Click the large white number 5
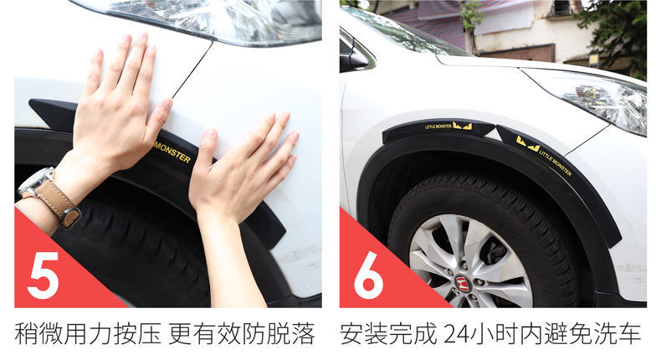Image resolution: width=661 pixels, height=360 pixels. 43,275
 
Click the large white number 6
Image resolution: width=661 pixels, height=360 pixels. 368,275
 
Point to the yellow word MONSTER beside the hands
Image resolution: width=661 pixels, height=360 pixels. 172,152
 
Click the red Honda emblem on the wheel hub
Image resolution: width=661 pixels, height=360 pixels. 463,284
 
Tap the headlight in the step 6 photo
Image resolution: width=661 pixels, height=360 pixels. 590,98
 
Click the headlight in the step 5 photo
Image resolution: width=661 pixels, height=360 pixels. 202,19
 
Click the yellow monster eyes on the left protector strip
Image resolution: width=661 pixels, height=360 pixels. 463,126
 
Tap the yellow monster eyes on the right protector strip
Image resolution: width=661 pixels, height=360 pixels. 528,144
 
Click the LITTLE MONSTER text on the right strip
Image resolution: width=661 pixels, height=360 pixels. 556,162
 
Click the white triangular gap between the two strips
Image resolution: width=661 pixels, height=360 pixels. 490,134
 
